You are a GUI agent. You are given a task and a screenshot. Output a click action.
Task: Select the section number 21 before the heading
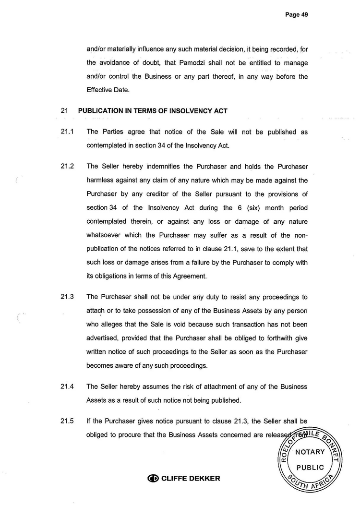point(64,111)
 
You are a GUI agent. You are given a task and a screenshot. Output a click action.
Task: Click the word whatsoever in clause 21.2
point(105,235)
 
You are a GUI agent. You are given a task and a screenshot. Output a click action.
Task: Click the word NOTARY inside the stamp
point(310,452)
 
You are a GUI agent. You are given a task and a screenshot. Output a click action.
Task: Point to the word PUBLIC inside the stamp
point(310,468)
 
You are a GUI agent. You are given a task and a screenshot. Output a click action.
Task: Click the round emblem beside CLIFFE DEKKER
point(153,478)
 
